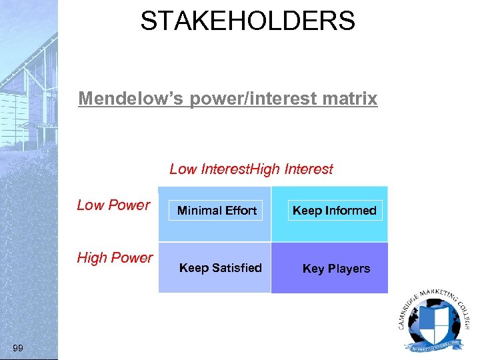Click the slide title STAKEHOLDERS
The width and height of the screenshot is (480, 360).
click(247, 21)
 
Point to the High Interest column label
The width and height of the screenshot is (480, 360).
click(294, 169)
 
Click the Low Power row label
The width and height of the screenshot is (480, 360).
click(113, 205)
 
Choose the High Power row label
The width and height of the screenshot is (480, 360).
click(115, 258)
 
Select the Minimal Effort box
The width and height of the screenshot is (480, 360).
click(217, 211)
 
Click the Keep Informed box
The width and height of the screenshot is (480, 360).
click(335, 211)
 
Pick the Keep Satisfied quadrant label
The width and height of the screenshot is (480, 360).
click(220, 268)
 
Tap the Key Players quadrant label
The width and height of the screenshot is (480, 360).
click(336, 269)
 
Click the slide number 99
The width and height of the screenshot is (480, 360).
click(18, 348)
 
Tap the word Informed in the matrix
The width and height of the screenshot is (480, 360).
click(351, 211)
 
